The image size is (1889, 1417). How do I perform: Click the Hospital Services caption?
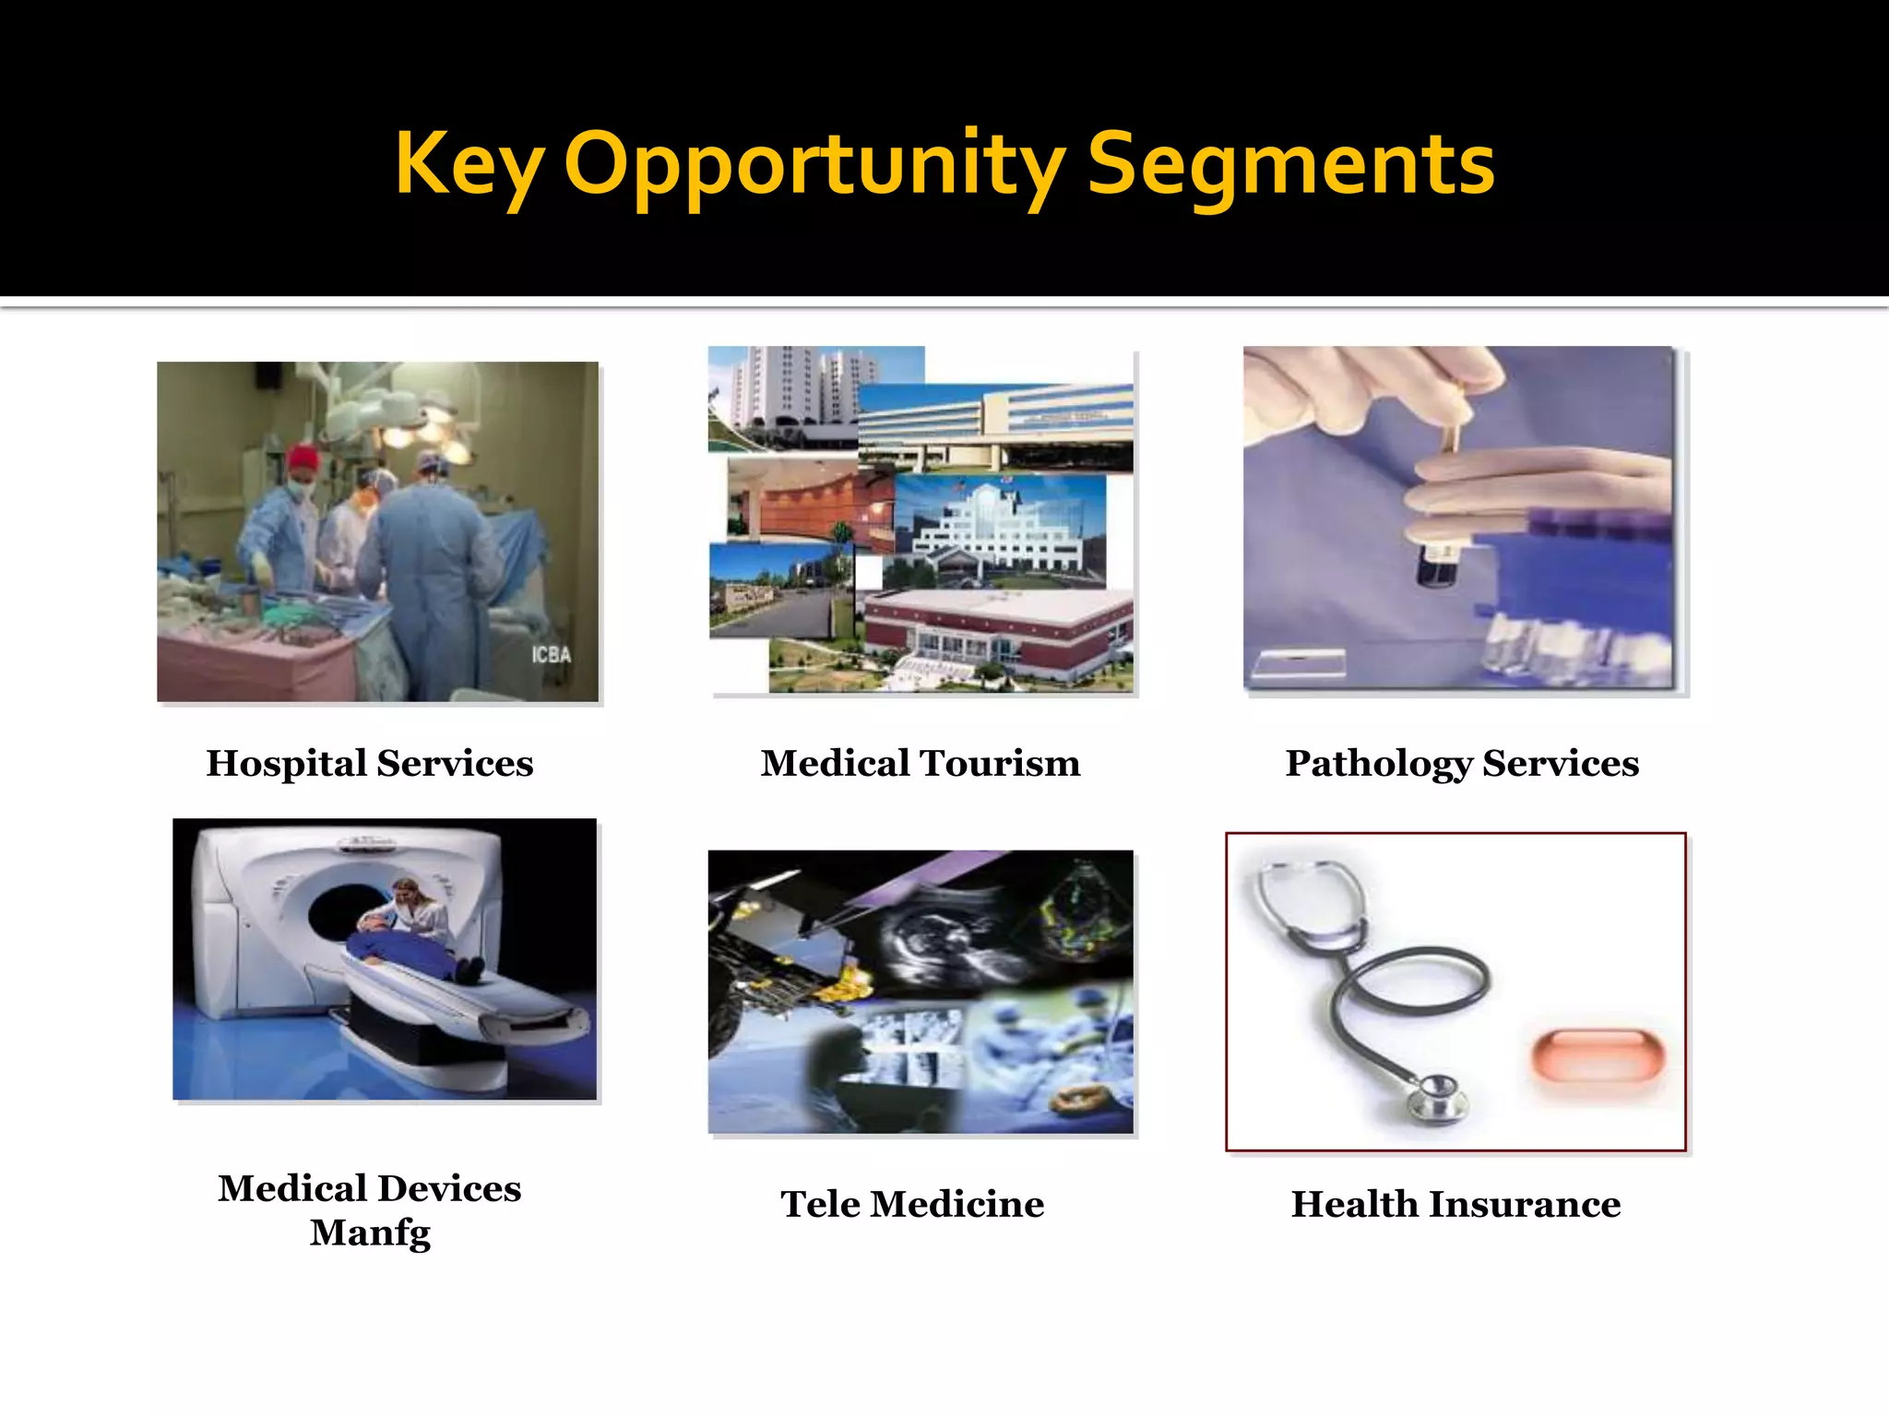pos(369,763)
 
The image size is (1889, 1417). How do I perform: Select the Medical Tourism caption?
pos(920,763)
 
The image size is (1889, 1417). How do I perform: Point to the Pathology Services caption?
pos(1462,763)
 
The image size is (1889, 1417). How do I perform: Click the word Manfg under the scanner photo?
pos(370,1232)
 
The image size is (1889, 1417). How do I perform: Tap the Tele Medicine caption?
pos(912,1204)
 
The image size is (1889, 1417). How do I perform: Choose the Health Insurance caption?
pos(1455,1204)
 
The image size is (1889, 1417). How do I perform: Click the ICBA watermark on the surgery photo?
pos(551,655)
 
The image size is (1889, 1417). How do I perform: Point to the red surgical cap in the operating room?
pos(302,457)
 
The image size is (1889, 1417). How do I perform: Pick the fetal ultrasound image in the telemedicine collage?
pos(932,941)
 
